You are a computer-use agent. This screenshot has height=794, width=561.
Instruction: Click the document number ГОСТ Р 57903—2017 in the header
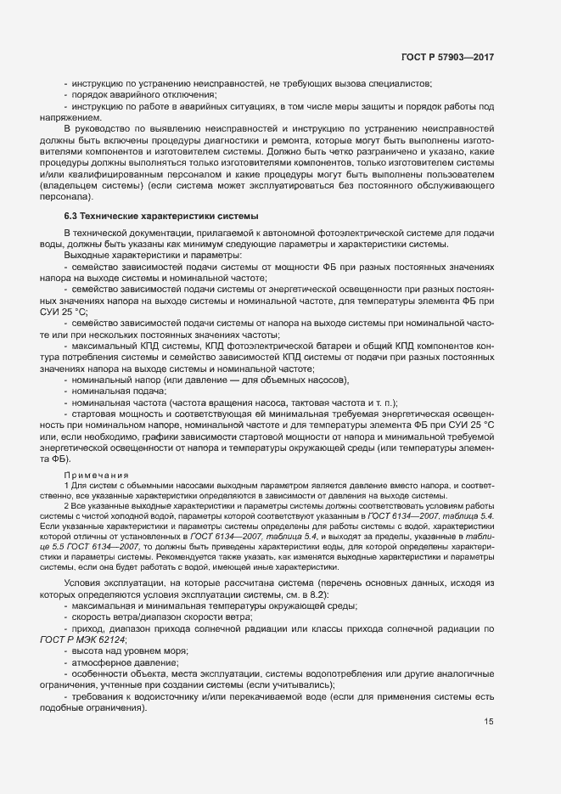click(447, 56)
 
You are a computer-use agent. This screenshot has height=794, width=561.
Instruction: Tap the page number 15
click(489, 722)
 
